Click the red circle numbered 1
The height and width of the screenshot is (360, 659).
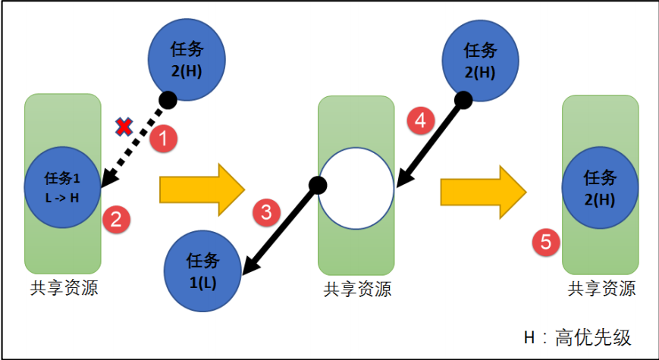[x=165, y=139]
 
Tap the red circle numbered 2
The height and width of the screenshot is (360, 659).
[x=115, y=219]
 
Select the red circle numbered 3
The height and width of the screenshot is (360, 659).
[x=265, y=213]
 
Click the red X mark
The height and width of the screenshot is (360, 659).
[x=123, y=127]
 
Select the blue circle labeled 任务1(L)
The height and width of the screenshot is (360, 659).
[x=202, y=270]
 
